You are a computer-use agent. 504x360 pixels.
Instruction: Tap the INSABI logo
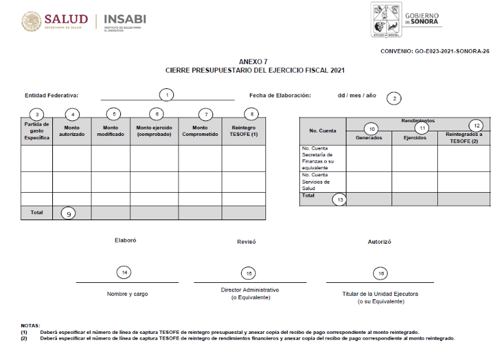pyautogui.click(x=126, y=21)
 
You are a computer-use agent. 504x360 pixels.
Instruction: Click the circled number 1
pyautogui.click(x=167, y=95)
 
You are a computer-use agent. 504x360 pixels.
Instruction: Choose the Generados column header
pyautogui.click(x=369, y=137)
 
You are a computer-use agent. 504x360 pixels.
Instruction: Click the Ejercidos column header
pyautogui.click(x=414, y=137)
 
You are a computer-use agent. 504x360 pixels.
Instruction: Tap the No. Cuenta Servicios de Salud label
pyautogui.click(x=317, y=182)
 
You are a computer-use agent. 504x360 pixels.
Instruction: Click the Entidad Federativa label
pyautogui.click(x=51, y=95)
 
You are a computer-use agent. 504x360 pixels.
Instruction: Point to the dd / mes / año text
pyautogui.click(x=357, y=95)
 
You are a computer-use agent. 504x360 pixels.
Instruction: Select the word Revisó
pyautogui.click(x=246, y=242)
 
